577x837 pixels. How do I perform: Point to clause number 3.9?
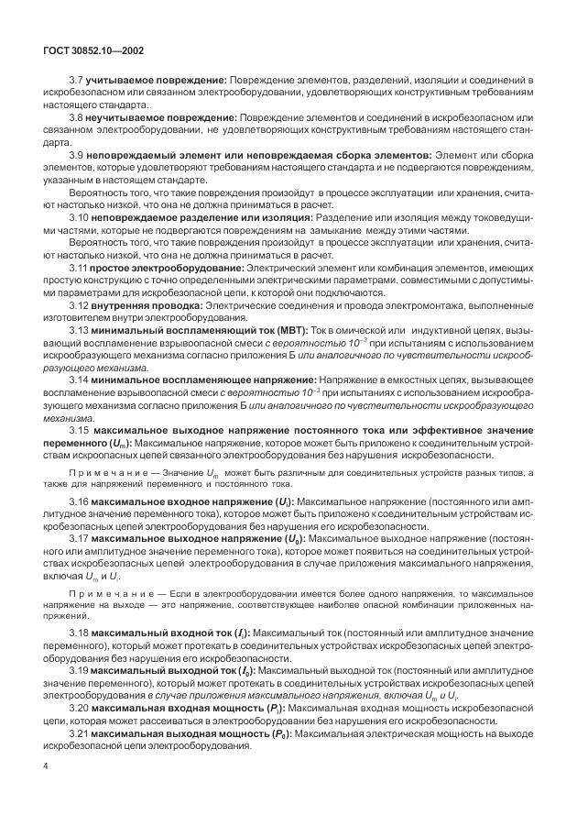[76, 155]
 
